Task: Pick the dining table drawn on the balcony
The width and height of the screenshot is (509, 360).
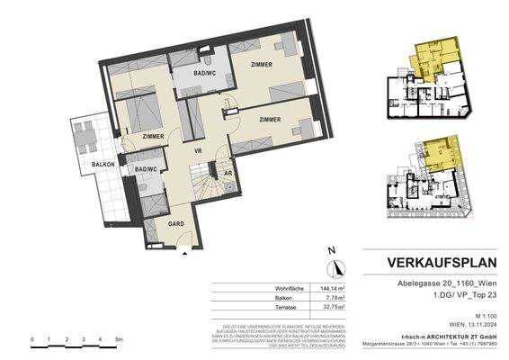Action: [x=87, y=136]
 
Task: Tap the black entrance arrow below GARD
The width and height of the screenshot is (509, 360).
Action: [x=185, y=253]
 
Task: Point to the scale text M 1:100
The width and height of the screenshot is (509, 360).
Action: [x=480, y=317]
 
